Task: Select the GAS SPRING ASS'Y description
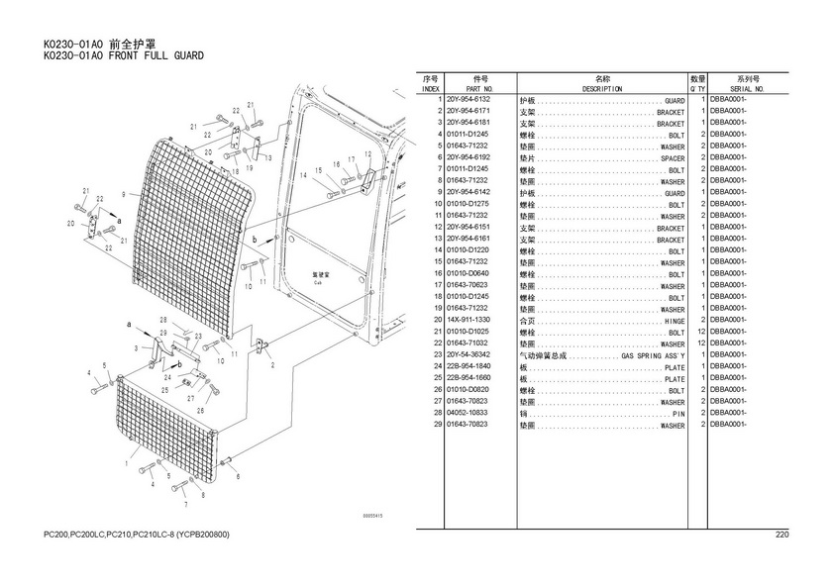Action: coord(653,354)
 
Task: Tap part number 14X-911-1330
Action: coord(468,320)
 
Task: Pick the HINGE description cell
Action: coord(674,321)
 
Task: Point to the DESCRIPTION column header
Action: coord(602,89)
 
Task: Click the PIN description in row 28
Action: coord(678,413)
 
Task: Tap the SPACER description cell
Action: coord(673,158)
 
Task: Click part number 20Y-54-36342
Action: coord(468,354)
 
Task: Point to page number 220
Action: coord(781,536)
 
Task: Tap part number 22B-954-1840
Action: coord(468,366)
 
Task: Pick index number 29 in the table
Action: coord(436,424)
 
